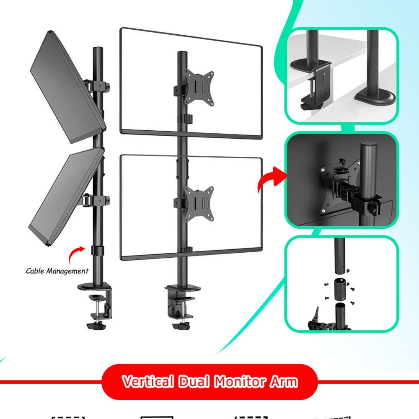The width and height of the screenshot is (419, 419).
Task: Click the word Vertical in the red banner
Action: [x=148, y=381]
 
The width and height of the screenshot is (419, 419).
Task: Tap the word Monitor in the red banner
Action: [x=240, y=381]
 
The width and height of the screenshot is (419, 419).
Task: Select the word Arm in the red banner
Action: [x=284, y=381]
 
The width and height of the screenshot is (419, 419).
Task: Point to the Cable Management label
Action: [x=57, y=271]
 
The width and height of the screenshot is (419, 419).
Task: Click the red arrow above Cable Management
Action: [x=75, y=253]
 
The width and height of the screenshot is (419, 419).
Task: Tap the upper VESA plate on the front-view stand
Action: [x=199, y=88]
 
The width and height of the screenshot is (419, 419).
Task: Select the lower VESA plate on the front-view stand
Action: [x=199, y=204]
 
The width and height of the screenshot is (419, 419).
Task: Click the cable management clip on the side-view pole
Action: [x=98, y=251]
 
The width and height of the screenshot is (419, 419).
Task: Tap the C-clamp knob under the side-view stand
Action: [x=96, y=326]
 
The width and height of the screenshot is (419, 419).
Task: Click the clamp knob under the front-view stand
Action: [x=181, y=326]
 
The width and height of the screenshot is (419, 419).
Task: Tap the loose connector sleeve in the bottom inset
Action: [x=340, y=290]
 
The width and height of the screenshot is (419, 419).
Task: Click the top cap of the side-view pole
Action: [x=98, y=49]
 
